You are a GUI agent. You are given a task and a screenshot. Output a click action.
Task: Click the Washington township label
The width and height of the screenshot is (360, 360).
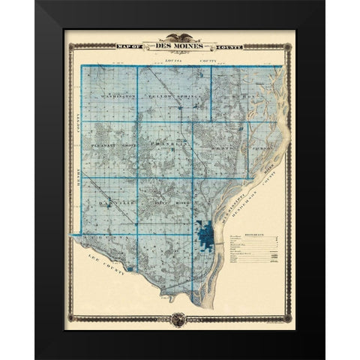(111, 97)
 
